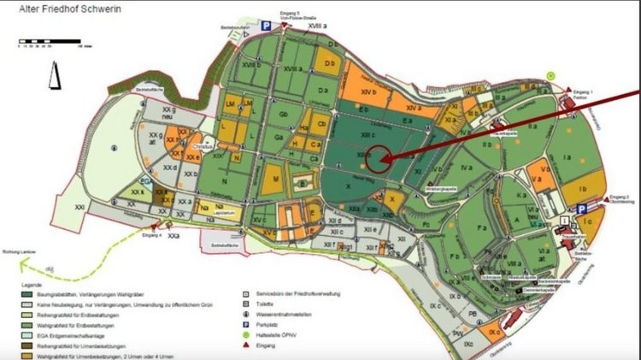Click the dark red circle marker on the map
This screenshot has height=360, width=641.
click(x=378, y=158)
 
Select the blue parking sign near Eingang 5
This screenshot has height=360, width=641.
click(x=266, y=27)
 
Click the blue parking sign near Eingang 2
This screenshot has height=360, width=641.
click(x=581, y=209)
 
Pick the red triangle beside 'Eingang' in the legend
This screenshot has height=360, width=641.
click(x=247, y=346)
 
